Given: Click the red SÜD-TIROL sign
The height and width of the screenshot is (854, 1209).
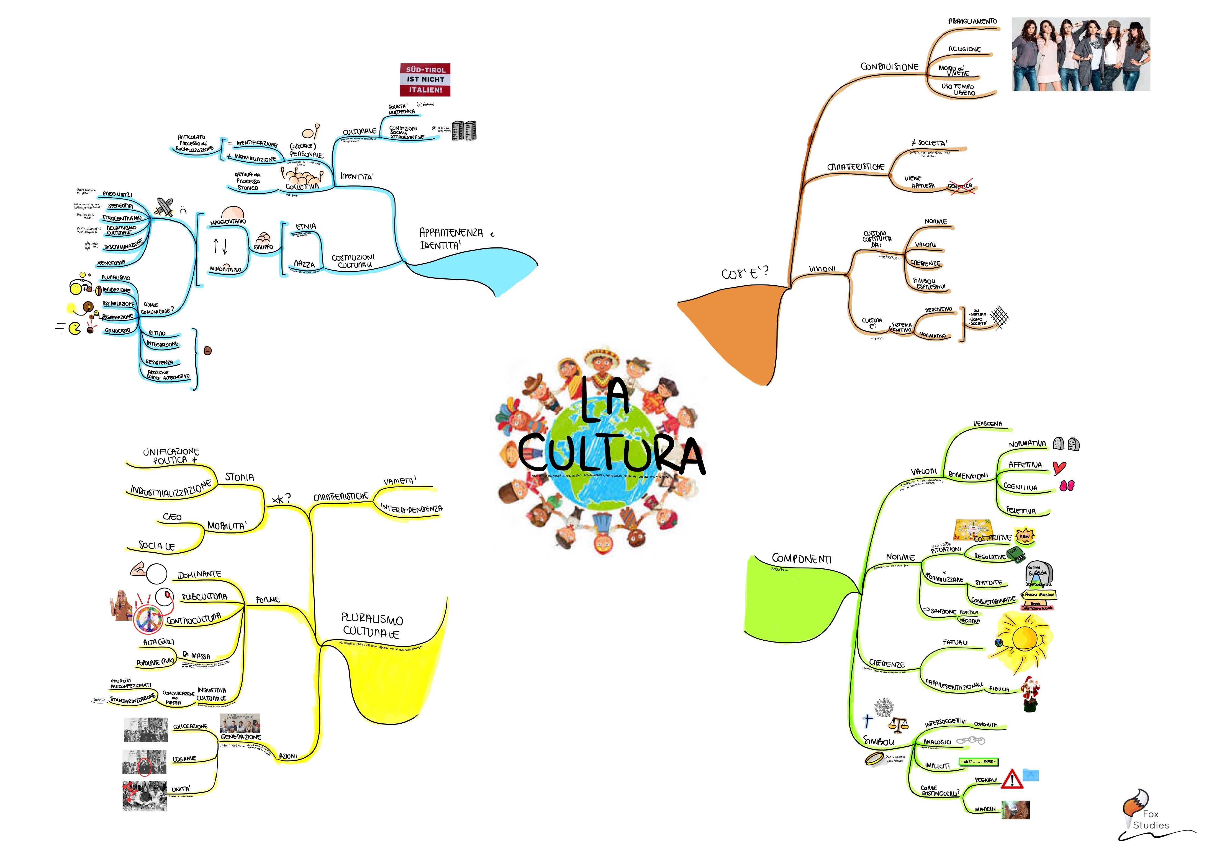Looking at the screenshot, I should [x=425, y=79].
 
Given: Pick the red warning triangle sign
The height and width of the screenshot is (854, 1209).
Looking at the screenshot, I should [x=1012, y=779].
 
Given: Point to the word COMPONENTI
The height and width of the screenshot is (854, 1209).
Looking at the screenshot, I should [x=802, y=558].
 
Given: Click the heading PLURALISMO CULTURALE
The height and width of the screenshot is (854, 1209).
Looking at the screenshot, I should [x=372, y=625].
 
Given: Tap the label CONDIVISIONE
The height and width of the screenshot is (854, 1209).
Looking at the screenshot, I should [x=889, y=67].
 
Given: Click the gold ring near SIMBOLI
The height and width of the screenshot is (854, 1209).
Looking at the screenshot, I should [x=875, y=758].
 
